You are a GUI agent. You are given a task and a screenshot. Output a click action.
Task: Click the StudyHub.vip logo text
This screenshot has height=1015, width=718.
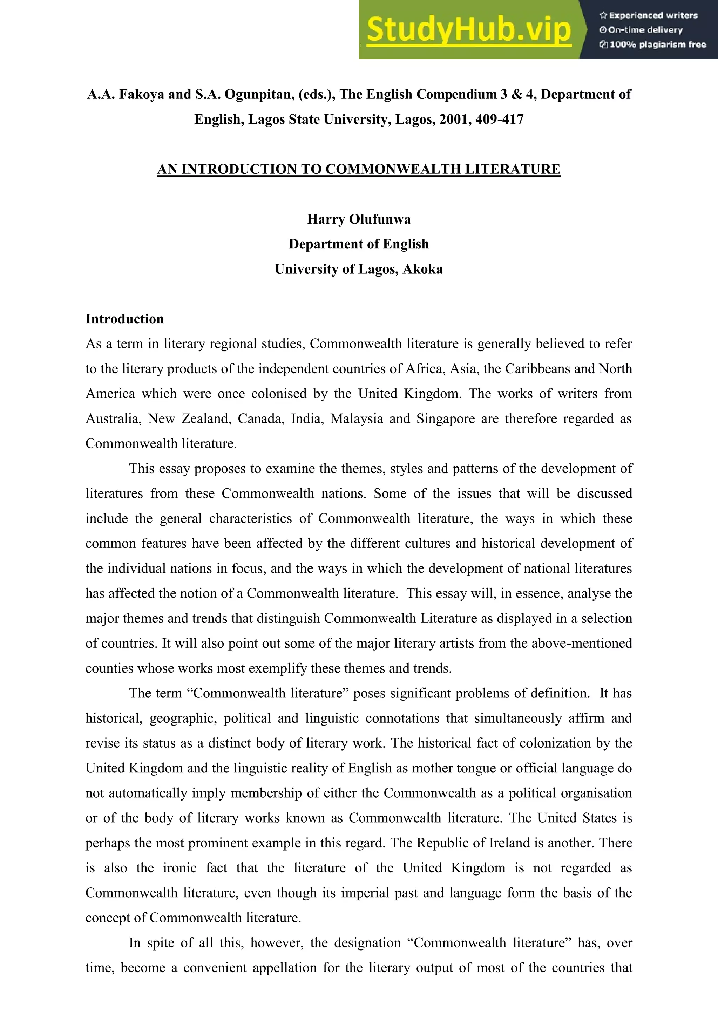coord(469,30)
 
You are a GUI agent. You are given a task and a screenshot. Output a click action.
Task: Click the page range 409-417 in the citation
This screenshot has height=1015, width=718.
coord(499,120)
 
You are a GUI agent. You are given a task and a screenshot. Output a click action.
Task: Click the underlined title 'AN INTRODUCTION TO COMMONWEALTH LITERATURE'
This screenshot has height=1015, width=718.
coord(359,169)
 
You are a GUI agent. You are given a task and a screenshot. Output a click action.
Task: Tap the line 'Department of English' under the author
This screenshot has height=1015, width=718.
coord(359,244)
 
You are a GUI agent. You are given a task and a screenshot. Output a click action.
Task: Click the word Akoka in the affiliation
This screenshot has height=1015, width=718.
coord(423,269)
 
